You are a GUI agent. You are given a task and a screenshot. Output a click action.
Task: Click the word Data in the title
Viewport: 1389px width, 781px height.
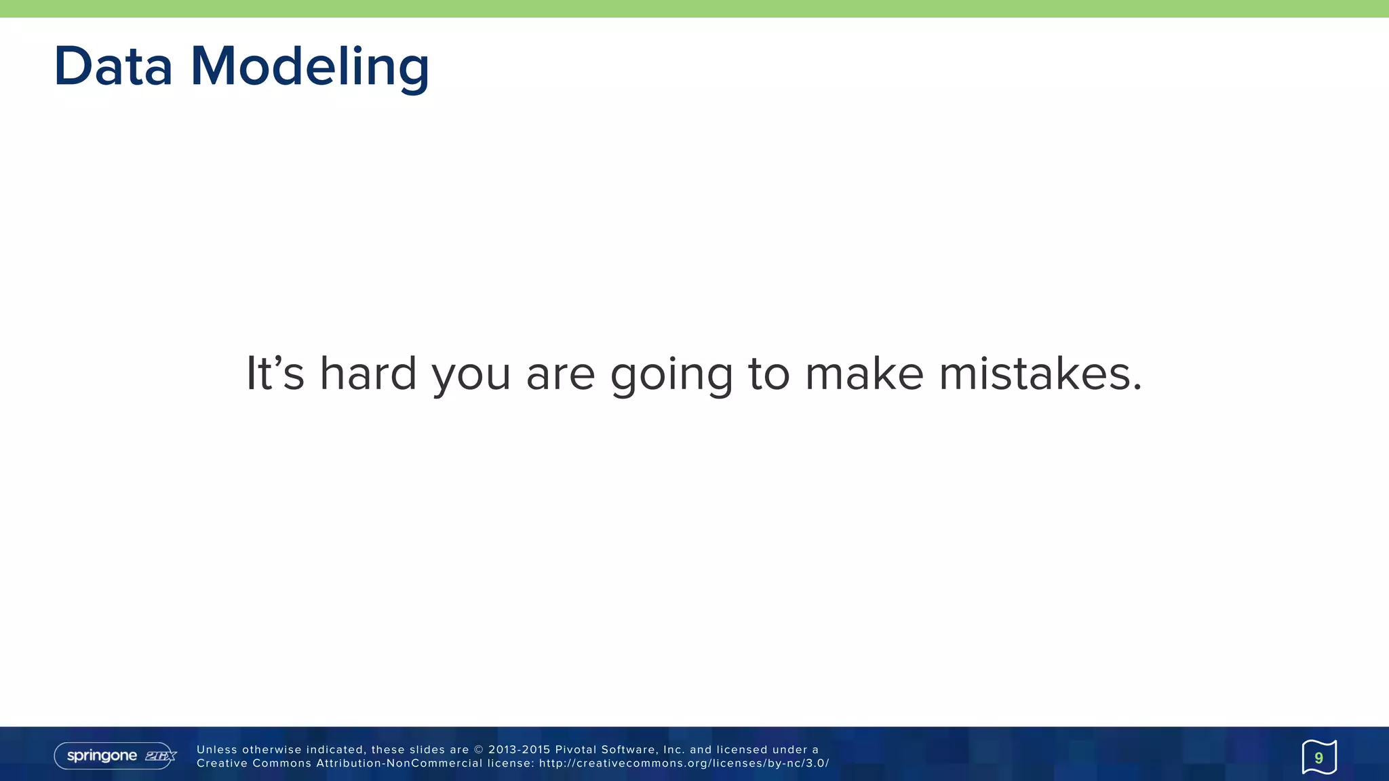(113, 66)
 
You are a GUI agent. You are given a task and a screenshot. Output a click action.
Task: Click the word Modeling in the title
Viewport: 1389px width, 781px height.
(310, 68)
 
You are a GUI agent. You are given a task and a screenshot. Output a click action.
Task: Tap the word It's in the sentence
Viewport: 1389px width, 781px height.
(275, 373)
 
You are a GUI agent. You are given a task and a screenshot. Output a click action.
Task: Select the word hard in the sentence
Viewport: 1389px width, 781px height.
(368, 373)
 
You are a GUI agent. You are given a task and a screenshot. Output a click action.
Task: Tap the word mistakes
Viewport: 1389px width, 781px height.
(1040, 373)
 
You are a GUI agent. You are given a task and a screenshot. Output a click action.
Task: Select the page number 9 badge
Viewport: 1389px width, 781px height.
(1318, 757)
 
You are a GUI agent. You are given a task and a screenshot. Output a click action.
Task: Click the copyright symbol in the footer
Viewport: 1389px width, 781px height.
(479, 750)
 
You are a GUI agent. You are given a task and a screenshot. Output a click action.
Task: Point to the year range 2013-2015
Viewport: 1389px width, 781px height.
(519, 750)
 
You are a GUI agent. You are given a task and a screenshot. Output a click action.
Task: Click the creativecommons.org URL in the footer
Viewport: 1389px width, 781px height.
(684, 763)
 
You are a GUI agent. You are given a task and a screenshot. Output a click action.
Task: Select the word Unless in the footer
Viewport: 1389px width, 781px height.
(217, 750)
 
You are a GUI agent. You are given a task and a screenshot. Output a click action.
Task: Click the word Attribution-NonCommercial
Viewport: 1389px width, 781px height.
(399, 763)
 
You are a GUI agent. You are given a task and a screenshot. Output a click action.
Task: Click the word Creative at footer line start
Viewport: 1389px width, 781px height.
(222, 763)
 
